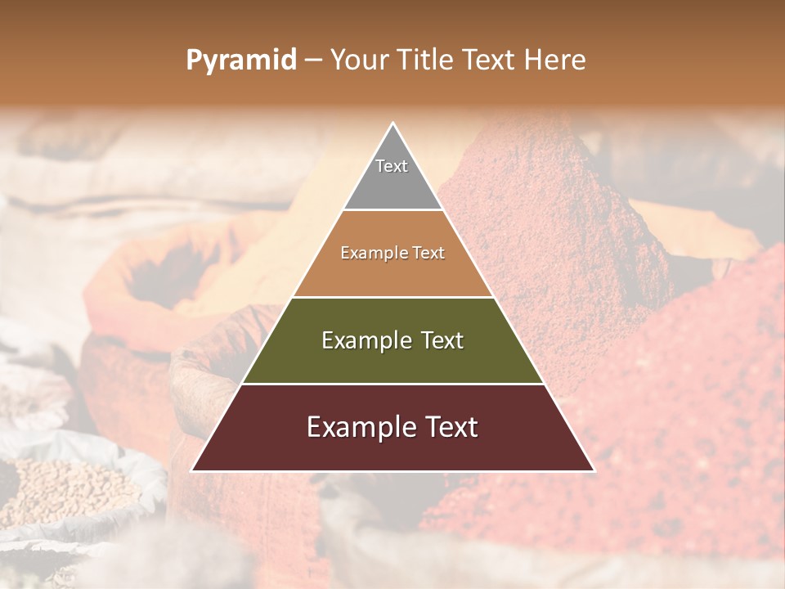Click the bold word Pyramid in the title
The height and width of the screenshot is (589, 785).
[240, 60]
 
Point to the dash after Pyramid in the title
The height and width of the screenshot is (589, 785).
[312, 61]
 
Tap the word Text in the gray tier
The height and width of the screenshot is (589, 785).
[392, 166]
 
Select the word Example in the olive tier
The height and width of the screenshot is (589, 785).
[366, 340]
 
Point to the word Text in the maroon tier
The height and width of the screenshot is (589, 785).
[446, 427]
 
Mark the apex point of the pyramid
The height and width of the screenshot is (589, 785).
[393, 124]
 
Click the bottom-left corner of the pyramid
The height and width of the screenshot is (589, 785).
[193, 470]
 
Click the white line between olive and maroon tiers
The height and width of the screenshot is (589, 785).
[392, 384]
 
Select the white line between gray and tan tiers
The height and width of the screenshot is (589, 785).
[393, 210]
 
